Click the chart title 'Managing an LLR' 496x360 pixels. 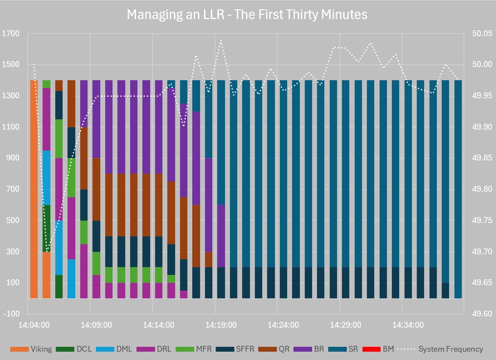(247, 15)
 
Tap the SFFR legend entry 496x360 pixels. (235, 349)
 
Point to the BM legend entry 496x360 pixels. (383, 349)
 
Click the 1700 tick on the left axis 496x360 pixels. (10, 34)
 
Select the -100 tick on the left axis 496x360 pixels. (10, 314)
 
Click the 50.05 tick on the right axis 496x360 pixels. (482, 34)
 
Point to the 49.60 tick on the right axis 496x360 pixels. (482, 314)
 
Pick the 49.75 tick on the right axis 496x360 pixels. (482, 221)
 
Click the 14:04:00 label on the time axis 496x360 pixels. (34, 325)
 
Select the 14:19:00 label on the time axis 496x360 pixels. (221, 325)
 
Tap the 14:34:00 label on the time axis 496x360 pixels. (408, 325)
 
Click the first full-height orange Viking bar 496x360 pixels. (34, 189)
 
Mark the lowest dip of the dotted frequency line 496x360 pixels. (47, 252)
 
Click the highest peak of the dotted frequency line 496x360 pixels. (221, 40)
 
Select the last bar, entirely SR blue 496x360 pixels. (458, 189)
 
